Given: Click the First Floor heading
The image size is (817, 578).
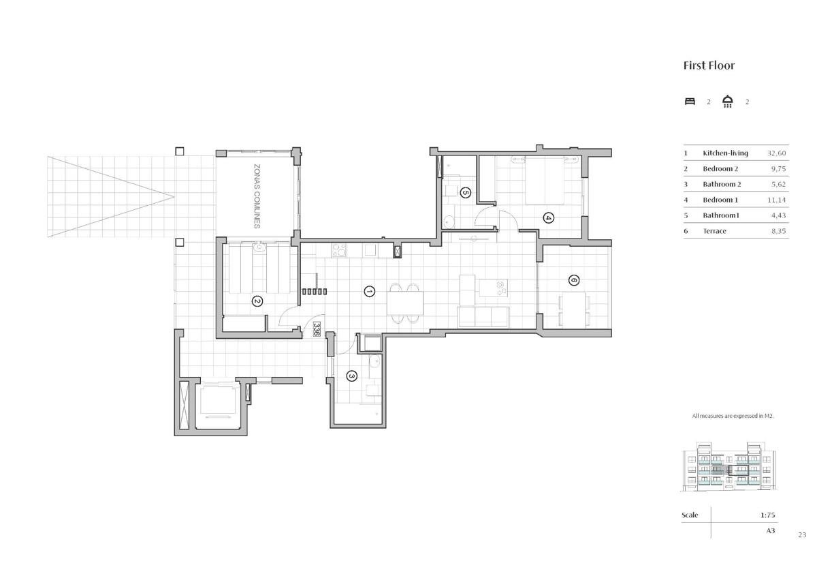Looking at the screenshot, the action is (709, 65).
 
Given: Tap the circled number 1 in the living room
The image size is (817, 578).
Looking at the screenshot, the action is (370, 291).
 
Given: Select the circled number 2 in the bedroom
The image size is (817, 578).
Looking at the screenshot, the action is (257, 301).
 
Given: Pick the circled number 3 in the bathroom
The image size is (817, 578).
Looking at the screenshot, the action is (351, 376).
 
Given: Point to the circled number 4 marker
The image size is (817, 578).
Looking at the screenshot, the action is (548, 218).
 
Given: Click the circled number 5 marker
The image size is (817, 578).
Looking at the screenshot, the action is (465, 192).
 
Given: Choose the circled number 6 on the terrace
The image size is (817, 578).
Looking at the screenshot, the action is (574, 280).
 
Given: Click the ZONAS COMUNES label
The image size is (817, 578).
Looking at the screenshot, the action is (257, 196).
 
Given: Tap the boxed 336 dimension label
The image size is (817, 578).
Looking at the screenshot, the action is (316, 329).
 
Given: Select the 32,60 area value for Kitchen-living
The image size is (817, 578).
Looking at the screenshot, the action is (777, 153).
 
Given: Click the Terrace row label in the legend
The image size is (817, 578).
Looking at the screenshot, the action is (714, 231).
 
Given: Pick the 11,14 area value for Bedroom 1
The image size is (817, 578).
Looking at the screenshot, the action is (777, 200).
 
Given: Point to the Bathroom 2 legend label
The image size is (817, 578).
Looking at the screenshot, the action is (722, 185).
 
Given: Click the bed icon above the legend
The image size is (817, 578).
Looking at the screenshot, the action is (690, 102).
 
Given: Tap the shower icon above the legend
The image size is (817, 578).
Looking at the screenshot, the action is (728, 101).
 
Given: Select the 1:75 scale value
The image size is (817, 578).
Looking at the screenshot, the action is (767, 515).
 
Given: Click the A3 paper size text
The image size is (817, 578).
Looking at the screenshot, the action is (770, 530).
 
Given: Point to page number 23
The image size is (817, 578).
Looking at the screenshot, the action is (802, 535).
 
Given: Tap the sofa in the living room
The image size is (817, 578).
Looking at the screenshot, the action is (483, 317).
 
